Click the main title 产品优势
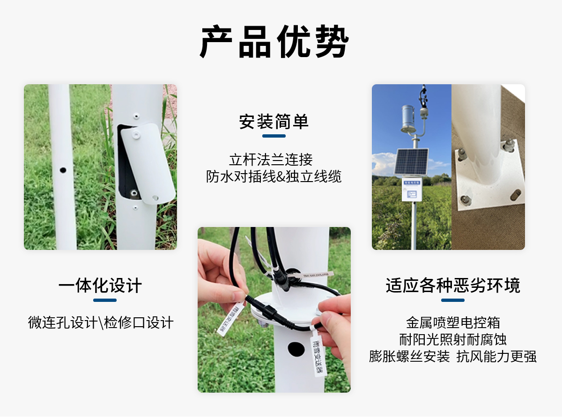[x=274, y=42]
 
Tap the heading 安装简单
[x=274, y=122]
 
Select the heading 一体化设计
[x=100, y=285]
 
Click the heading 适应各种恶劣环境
[x=453, y=285]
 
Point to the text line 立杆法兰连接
[x=274, y=160]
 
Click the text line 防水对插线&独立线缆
[x=274, y=176]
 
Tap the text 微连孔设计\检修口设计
[x=101, y=322]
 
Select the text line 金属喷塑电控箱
[x=453, y=322]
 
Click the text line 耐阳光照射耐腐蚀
[x=453, y=339]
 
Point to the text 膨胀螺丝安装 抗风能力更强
[x=453, y=357]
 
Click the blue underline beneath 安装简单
[x=274, y=136]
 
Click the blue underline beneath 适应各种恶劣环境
[x=453, y=300]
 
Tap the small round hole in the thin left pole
[x=63, y=170]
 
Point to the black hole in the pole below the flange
[x=296, y=349]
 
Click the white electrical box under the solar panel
[x=412, y=189]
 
